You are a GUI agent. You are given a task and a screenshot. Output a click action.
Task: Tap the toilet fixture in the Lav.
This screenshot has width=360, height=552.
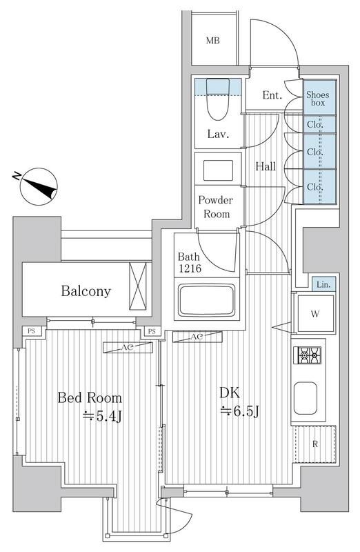pyautogui.click(x=218, y=101)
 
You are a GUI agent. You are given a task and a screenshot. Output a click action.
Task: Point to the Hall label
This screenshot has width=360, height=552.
pyautogui.click(x=266, y=166)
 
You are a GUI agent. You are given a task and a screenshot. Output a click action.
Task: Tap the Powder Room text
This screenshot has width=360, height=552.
pyautogui.click(x=217, y=206)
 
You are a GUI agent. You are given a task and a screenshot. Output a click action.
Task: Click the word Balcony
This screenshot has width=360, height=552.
pyautogui.click(x=85, y=291)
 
